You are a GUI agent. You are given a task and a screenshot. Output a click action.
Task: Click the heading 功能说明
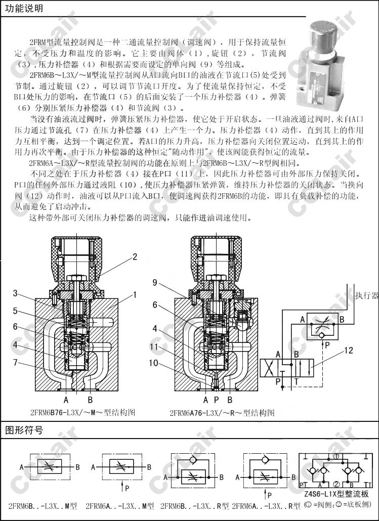pyautogui.click(x=24, y=9)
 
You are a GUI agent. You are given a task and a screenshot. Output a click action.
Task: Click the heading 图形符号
pyautogui.click(x=24, y=431)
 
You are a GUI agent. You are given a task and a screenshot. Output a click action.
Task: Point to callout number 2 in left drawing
pyautogui.click(x=135, y=257)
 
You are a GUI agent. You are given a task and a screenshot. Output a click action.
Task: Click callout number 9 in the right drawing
pyautogui.click(x=155, y=282)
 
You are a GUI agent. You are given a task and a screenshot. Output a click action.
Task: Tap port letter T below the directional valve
pyautogui.click(x=297, y=380)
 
